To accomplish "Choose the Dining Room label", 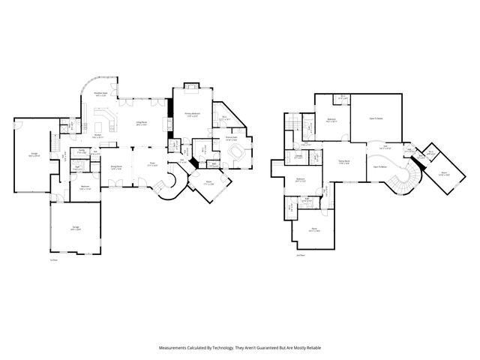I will (116, 168).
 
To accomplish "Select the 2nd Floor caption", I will (300, 256).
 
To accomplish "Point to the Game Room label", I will (345, 161).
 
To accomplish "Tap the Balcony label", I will (331, 119).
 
